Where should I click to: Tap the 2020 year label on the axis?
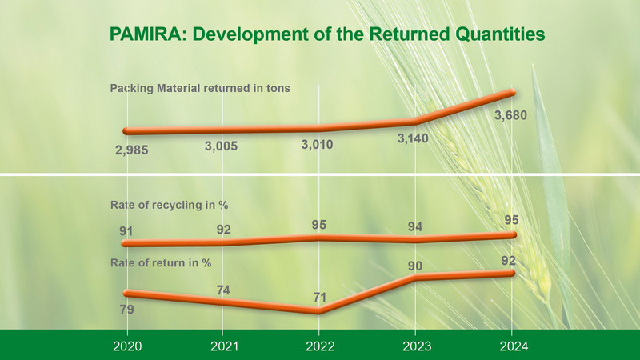point(127,346)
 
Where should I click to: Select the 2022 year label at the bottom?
point(320,346)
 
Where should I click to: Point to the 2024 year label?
point(514,346)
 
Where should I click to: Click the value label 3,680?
point(510,115)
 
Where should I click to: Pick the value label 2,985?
point(131,150)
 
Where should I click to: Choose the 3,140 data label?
point(413,138)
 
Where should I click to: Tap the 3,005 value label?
point(221,146)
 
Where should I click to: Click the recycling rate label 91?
point(126,231)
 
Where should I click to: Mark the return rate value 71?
point(319,297)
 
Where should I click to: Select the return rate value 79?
point(127,310)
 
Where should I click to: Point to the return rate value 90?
point(415,266)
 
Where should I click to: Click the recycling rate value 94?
point(415,226)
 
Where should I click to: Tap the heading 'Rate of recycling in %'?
point(169,205)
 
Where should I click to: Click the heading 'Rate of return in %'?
point(161,263)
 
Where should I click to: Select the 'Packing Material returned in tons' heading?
point(200,88)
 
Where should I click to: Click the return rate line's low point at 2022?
point(318,311)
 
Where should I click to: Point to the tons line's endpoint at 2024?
point(512,93)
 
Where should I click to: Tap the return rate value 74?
point(223,290)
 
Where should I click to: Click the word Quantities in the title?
point(500,34)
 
